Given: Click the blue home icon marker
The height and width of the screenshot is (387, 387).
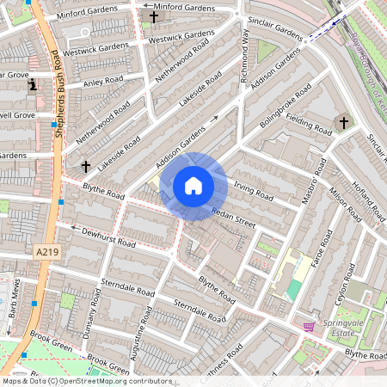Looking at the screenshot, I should point(193,186).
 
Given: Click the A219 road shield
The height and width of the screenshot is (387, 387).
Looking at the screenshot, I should point(48,251).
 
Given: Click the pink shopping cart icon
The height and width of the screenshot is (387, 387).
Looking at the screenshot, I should point(309,327).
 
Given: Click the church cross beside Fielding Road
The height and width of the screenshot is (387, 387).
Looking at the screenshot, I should point(343,122).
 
